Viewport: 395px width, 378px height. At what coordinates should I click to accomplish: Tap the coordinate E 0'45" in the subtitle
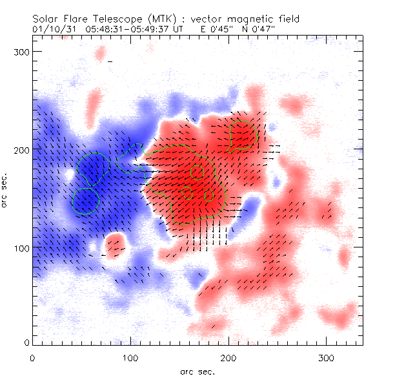(218, 29)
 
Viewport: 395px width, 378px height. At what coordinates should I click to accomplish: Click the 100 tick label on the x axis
(130, 357)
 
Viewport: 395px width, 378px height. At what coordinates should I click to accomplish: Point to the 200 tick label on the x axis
(228, 357)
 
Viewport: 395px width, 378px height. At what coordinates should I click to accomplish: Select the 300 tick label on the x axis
(327, 357)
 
